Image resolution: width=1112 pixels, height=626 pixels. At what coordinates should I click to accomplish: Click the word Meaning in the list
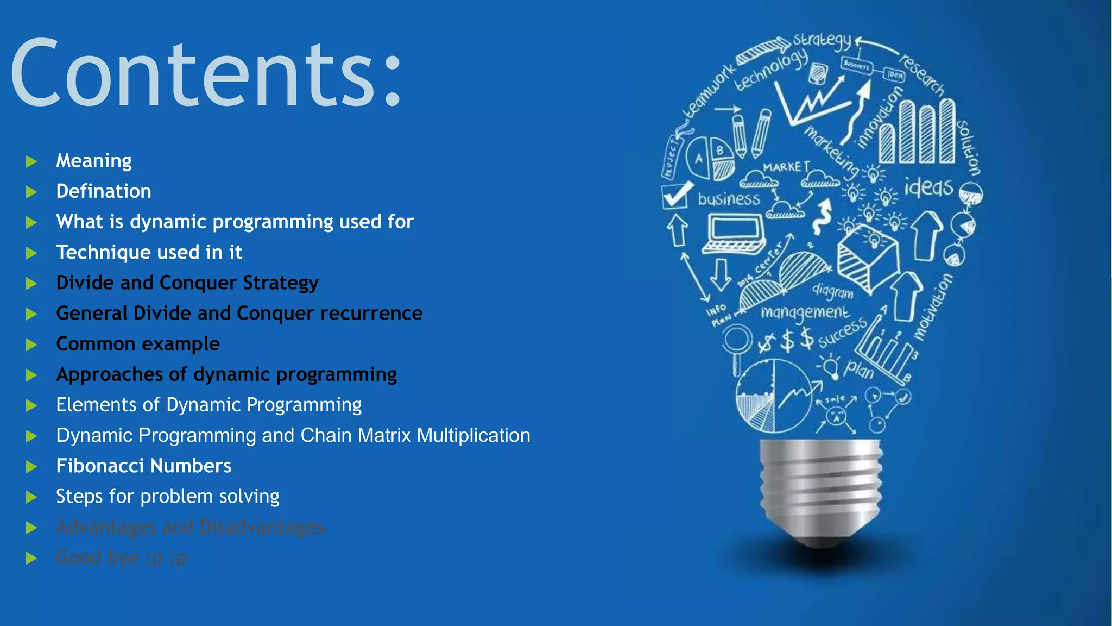[94, 161]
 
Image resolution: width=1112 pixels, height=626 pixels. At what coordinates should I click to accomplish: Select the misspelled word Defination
[104, 191]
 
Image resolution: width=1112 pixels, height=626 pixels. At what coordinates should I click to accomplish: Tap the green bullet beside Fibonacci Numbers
[31, 467]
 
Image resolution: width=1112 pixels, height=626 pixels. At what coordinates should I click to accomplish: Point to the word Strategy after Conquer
[280, 283]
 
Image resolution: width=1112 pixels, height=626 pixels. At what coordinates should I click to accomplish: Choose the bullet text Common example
[138, 344]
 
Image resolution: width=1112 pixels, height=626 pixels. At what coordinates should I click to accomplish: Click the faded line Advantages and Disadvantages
[190, 527]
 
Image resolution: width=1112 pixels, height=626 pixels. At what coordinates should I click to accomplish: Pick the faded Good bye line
[121, 558]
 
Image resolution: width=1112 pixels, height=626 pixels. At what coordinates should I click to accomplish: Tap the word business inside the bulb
[729, 199]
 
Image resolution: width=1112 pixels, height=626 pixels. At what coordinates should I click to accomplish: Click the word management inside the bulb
[805, 312]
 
